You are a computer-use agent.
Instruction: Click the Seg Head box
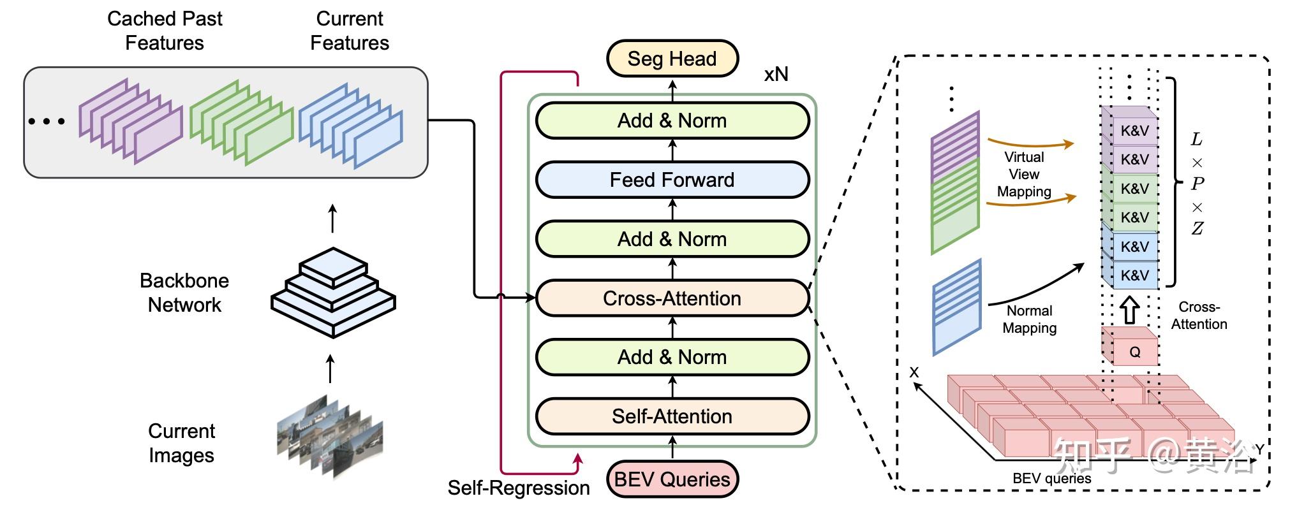672,59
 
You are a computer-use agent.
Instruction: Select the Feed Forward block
672,180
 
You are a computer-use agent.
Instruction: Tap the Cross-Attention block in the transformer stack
672,298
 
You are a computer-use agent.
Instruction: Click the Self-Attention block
672,416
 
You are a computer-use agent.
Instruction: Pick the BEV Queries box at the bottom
672,479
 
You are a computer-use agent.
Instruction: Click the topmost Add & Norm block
672,120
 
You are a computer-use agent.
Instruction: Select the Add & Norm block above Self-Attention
672,357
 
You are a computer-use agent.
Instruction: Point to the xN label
776,75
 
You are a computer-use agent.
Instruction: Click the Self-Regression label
519,488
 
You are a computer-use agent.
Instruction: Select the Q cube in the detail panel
1129,347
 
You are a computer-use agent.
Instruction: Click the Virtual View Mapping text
1024,174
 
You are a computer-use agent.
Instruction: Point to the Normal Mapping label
1029,319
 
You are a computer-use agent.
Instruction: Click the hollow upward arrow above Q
1129,310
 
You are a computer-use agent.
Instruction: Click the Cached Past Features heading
165,31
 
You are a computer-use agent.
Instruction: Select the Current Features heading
350,31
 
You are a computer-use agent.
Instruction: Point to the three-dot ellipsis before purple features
47,121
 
